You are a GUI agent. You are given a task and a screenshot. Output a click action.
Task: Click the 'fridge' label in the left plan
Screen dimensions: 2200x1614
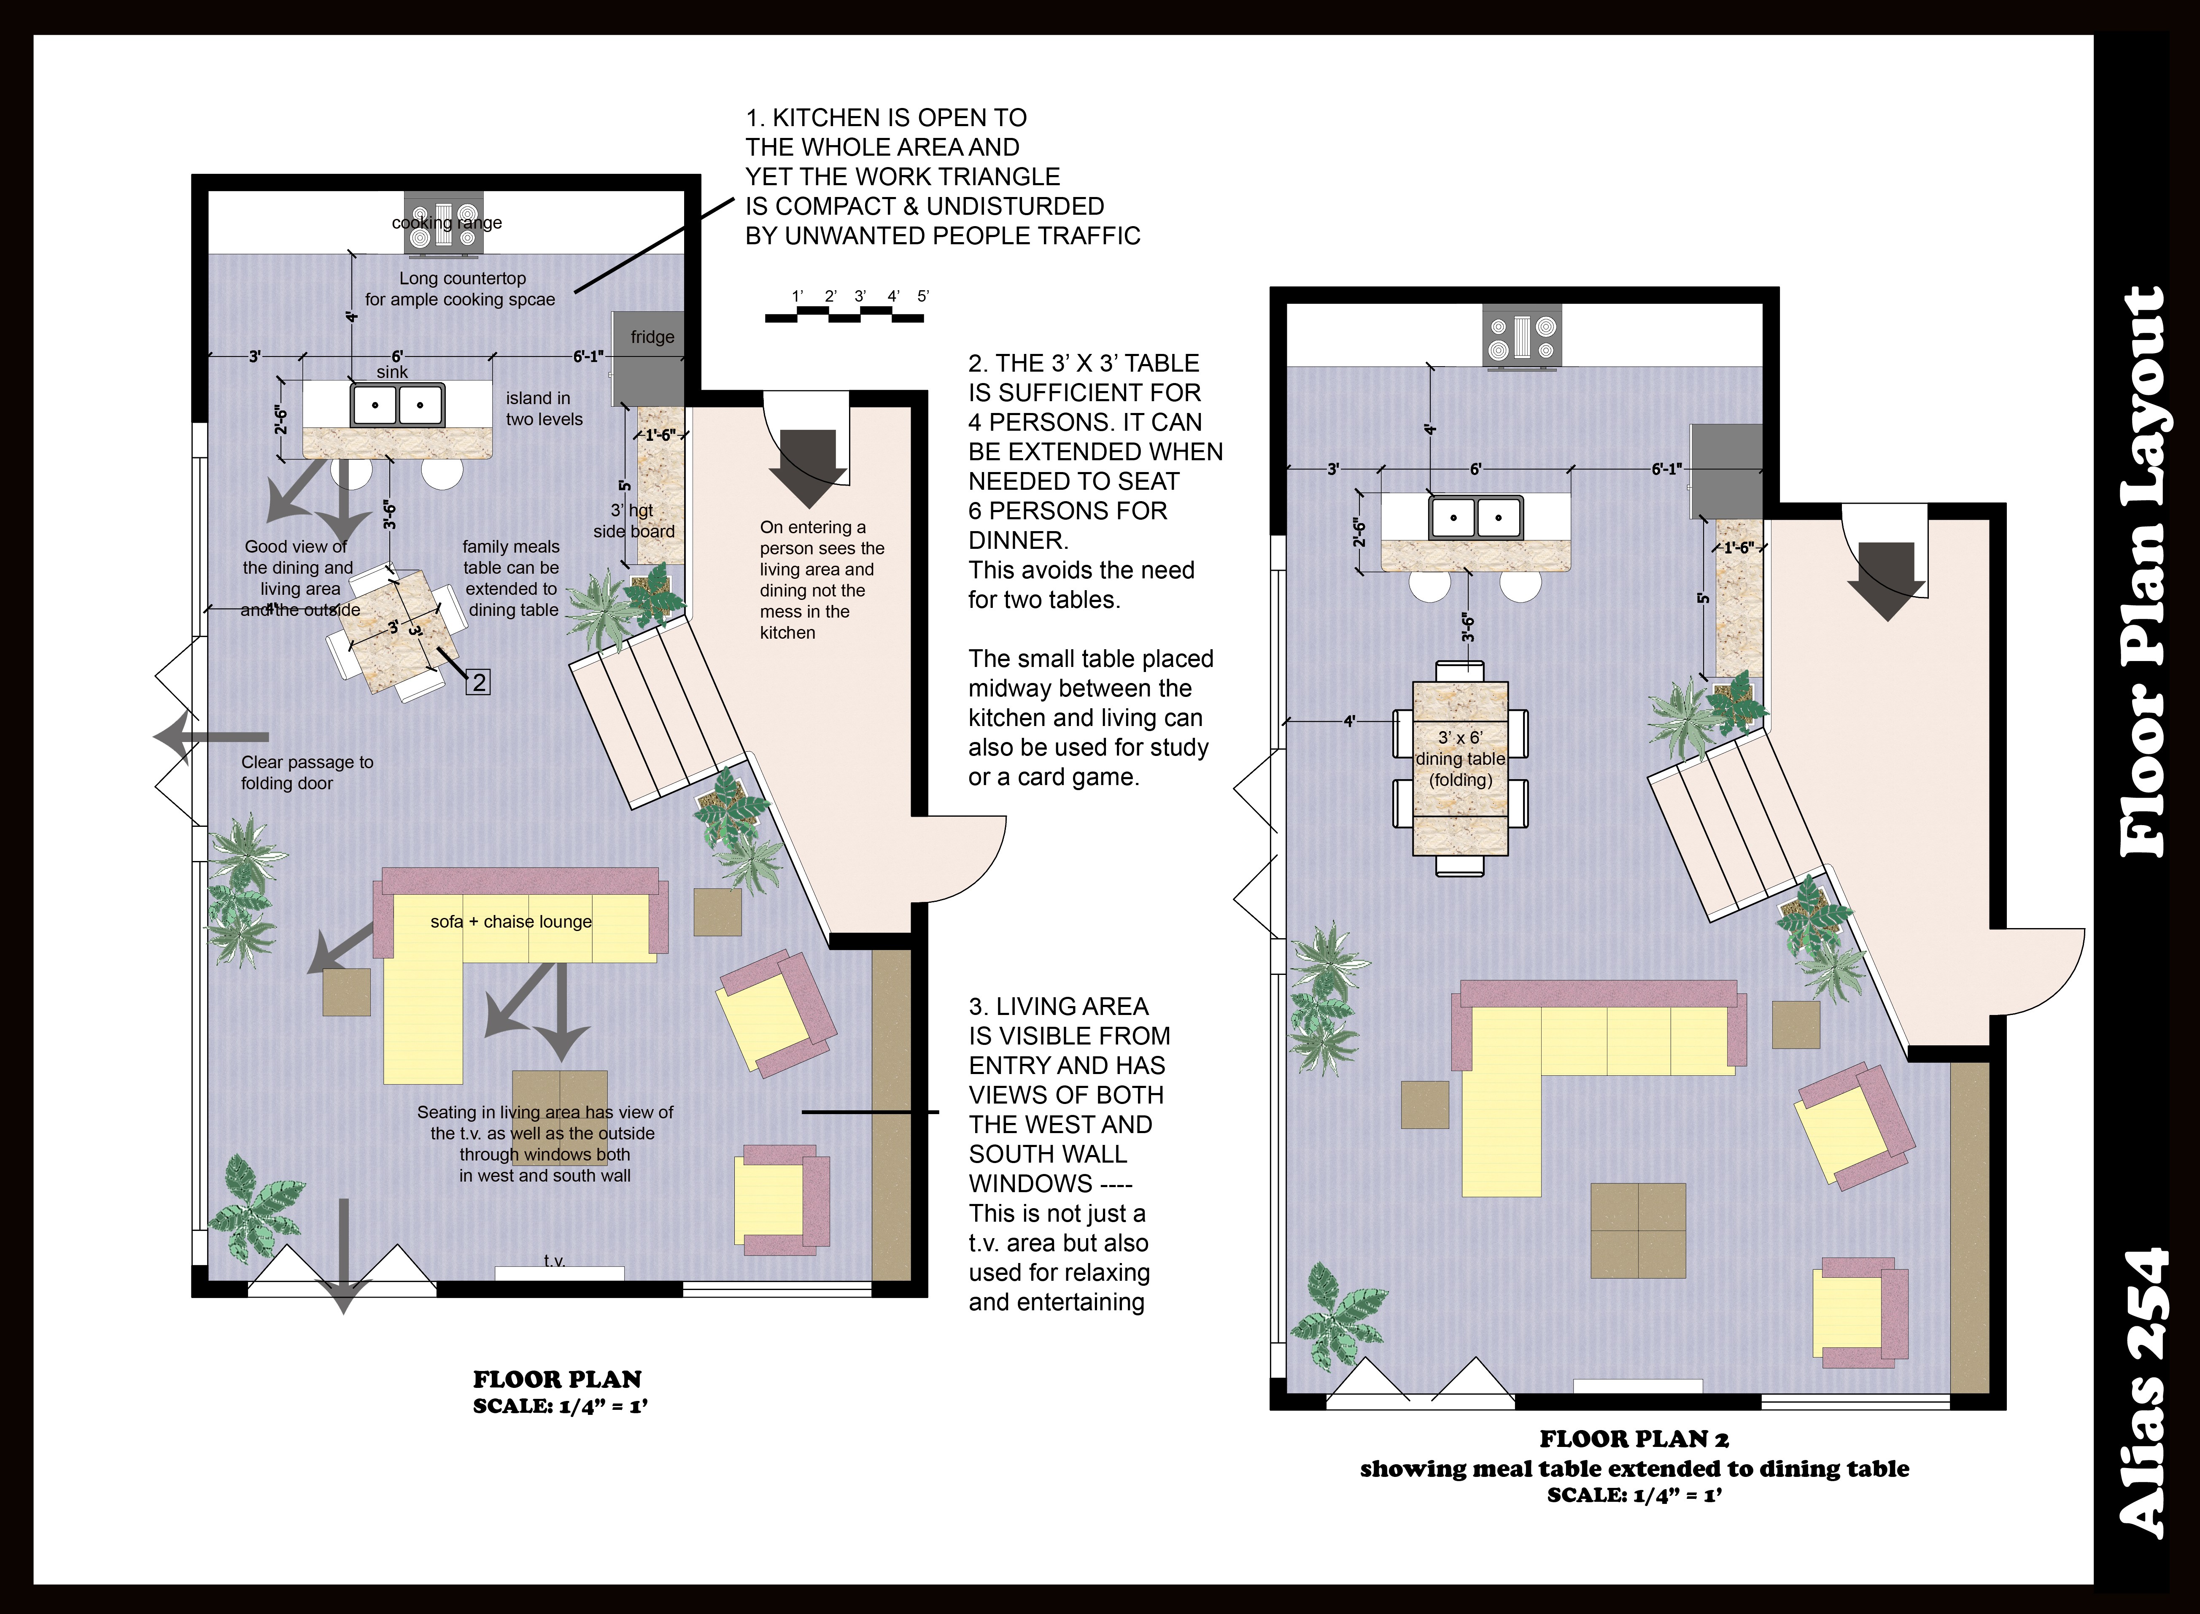652,337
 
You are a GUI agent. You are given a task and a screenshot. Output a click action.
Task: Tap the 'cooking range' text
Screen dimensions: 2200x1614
448,223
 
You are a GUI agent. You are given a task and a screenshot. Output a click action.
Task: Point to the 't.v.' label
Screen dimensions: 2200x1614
555,1261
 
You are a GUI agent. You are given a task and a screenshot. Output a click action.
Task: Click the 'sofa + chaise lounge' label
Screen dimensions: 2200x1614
511,921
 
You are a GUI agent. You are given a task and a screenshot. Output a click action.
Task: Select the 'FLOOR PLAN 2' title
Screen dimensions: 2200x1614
1634,1439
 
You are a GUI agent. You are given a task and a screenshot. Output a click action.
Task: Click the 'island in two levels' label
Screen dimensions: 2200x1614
544,408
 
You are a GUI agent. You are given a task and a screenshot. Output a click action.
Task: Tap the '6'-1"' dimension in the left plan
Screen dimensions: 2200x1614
588,356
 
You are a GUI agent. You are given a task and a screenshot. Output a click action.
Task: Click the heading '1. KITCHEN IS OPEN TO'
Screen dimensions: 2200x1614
886,118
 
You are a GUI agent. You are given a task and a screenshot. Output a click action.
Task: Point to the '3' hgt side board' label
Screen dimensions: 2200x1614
634,521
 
